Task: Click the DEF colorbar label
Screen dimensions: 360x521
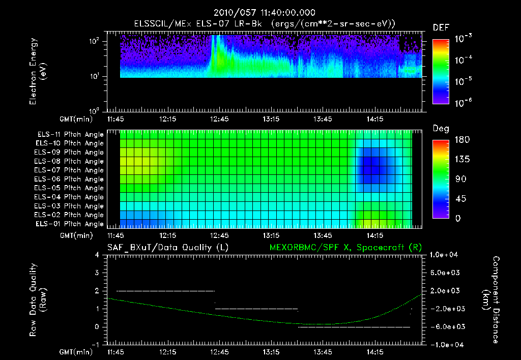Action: pos(441,27)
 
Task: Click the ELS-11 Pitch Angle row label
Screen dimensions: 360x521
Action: pos(70,135)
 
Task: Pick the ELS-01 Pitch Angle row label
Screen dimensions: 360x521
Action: pos(70,224)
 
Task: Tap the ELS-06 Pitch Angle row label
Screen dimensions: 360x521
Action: pos(70,179)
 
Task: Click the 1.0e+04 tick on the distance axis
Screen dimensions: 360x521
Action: pos(446,255)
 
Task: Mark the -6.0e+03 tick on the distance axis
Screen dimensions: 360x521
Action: pos(446,327)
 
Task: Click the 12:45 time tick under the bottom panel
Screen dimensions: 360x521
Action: pos(220,352)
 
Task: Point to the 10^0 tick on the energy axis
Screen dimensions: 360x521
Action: pos(96,111)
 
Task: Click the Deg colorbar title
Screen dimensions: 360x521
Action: pos(441,129)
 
